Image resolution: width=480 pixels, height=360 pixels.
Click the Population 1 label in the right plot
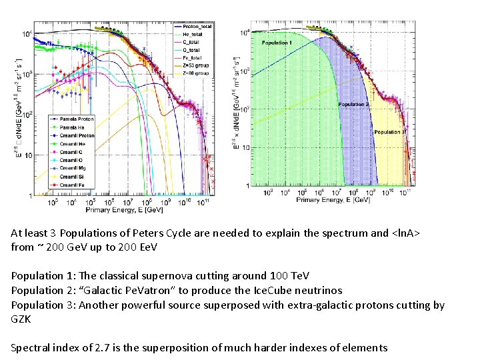[x=276, y=43]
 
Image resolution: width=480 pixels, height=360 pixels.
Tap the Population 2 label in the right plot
[x=353, y=105]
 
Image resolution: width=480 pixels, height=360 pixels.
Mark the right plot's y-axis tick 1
[x=248, y=185]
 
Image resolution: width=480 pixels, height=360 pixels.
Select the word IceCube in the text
[x=271, y=290]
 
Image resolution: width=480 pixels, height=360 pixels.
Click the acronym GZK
[x=21, y=319]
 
